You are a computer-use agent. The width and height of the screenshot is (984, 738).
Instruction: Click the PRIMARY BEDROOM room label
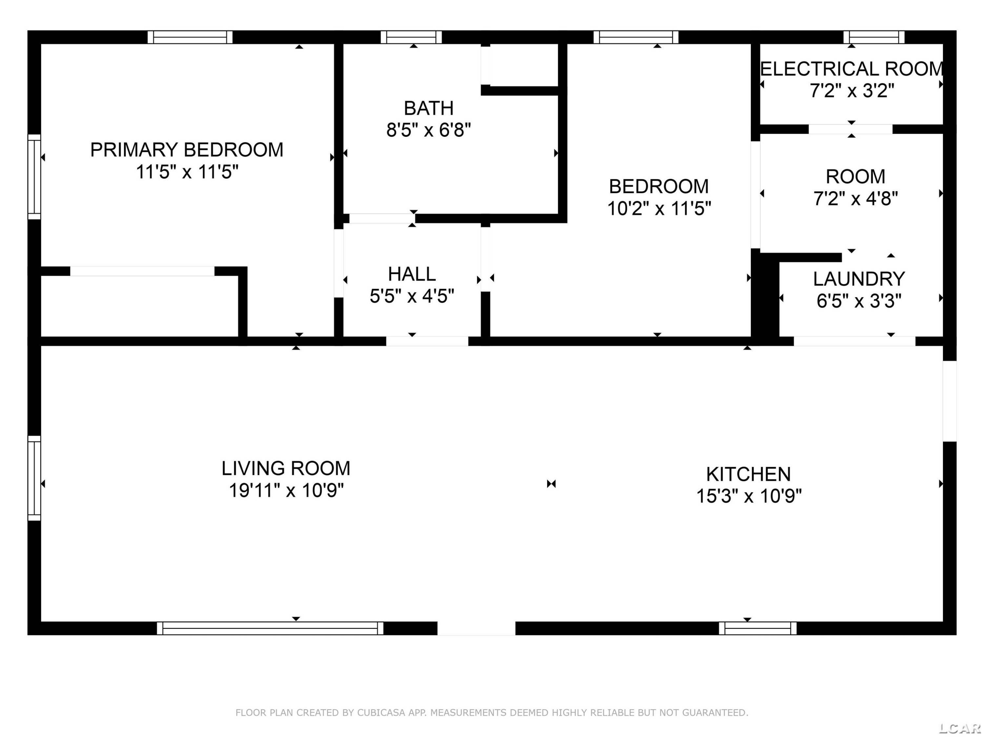click(x=187, y=150)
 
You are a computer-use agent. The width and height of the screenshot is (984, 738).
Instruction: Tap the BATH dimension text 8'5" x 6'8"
click(x=428, y=130)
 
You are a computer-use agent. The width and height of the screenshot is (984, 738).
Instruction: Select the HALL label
click(x=412, y=274)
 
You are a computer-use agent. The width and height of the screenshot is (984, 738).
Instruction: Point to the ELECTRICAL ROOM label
click(x=851, y=69)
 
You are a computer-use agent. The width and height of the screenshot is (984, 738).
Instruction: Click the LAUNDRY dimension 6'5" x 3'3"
click(x=859, y=301)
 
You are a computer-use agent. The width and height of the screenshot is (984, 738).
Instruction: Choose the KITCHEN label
click(x=749, y=474)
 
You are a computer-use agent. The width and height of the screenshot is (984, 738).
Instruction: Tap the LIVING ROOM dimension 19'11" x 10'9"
click(x=286, y=490)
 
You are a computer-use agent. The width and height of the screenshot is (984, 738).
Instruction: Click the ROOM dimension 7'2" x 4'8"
click(x=855, y=198)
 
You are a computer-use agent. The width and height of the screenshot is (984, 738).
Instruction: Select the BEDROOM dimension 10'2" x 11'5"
click(x=659, y=208)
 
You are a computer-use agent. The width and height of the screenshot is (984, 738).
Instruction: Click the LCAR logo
click(x=959, y=728)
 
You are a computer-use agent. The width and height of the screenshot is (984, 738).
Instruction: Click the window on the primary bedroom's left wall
click(x=34, y=176)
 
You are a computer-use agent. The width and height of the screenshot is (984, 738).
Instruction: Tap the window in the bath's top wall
click(x=411, y=37)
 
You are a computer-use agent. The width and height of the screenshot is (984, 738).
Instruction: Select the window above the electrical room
click(x=874, y=37)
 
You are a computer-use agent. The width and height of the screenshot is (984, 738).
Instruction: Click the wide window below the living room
click(x=270, y=628)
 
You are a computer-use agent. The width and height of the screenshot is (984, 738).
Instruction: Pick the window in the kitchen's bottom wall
click(x=758, y=628)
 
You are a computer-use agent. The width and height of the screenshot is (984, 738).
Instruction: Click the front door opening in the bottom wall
click(x=477, y=628)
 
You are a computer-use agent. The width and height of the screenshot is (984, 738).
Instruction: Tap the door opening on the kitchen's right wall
click(x=950, y=401)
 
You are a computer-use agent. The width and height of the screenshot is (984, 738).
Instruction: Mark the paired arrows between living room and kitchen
click(x=551, y=483)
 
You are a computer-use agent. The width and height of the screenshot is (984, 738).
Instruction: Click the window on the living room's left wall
click(x=34, y=478)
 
